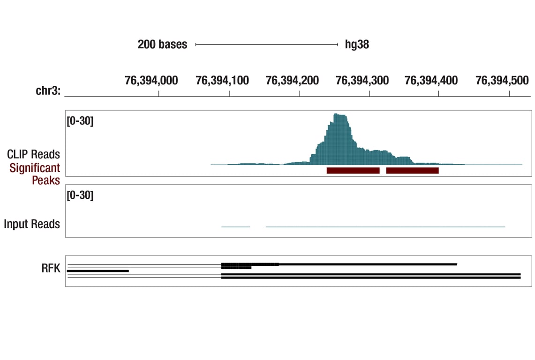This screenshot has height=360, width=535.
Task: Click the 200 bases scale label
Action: [162, 45]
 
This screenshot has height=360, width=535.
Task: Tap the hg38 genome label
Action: [357, 45]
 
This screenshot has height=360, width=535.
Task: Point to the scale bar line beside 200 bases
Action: [266, 45]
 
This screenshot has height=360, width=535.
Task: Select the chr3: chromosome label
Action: [48, 91]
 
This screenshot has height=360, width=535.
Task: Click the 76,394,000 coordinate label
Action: [151, 81]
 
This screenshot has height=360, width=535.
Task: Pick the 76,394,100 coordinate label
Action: [222, 81]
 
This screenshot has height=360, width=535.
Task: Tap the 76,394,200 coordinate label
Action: [292, 81]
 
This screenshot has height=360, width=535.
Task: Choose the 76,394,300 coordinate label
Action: [362, 81]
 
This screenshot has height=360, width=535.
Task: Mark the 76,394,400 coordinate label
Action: [431, 81]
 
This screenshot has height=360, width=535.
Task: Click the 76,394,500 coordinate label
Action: [502, 81]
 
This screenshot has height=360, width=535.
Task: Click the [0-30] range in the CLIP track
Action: [80, 121]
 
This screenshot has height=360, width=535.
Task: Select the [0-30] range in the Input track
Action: [80, 195]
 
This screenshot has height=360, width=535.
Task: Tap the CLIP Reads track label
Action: [33, 154]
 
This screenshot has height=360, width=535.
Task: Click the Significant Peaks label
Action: [35, 174]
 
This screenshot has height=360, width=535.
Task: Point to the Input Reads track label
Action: [32, 224]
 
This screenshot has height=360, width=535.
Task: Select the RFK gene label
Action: [51, 268]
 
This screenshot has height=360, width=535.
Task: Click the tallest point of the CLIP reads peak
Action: [339, 115]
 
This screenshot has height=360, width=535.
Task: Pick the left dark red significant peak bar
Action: [353, 171]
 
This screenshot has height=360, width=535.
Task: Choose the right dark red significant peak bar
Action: [412, 171]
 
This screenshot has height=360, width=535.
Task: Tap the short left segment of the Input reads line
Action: [235, 227]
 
